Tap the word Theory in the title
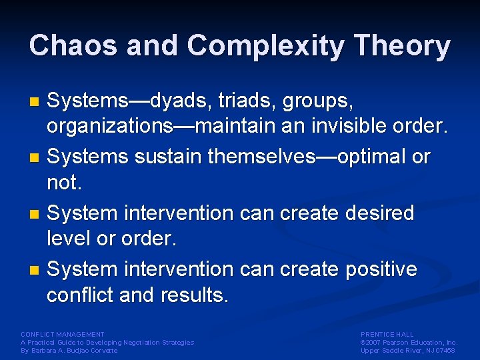[403, 46]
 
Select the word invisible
[357, 127]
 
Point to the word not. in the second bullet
[63, 183]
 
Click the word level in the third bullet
[69, 239]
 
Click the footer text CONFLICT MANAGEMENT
[63, 334]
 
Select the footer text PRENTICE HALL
[387, 334]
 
